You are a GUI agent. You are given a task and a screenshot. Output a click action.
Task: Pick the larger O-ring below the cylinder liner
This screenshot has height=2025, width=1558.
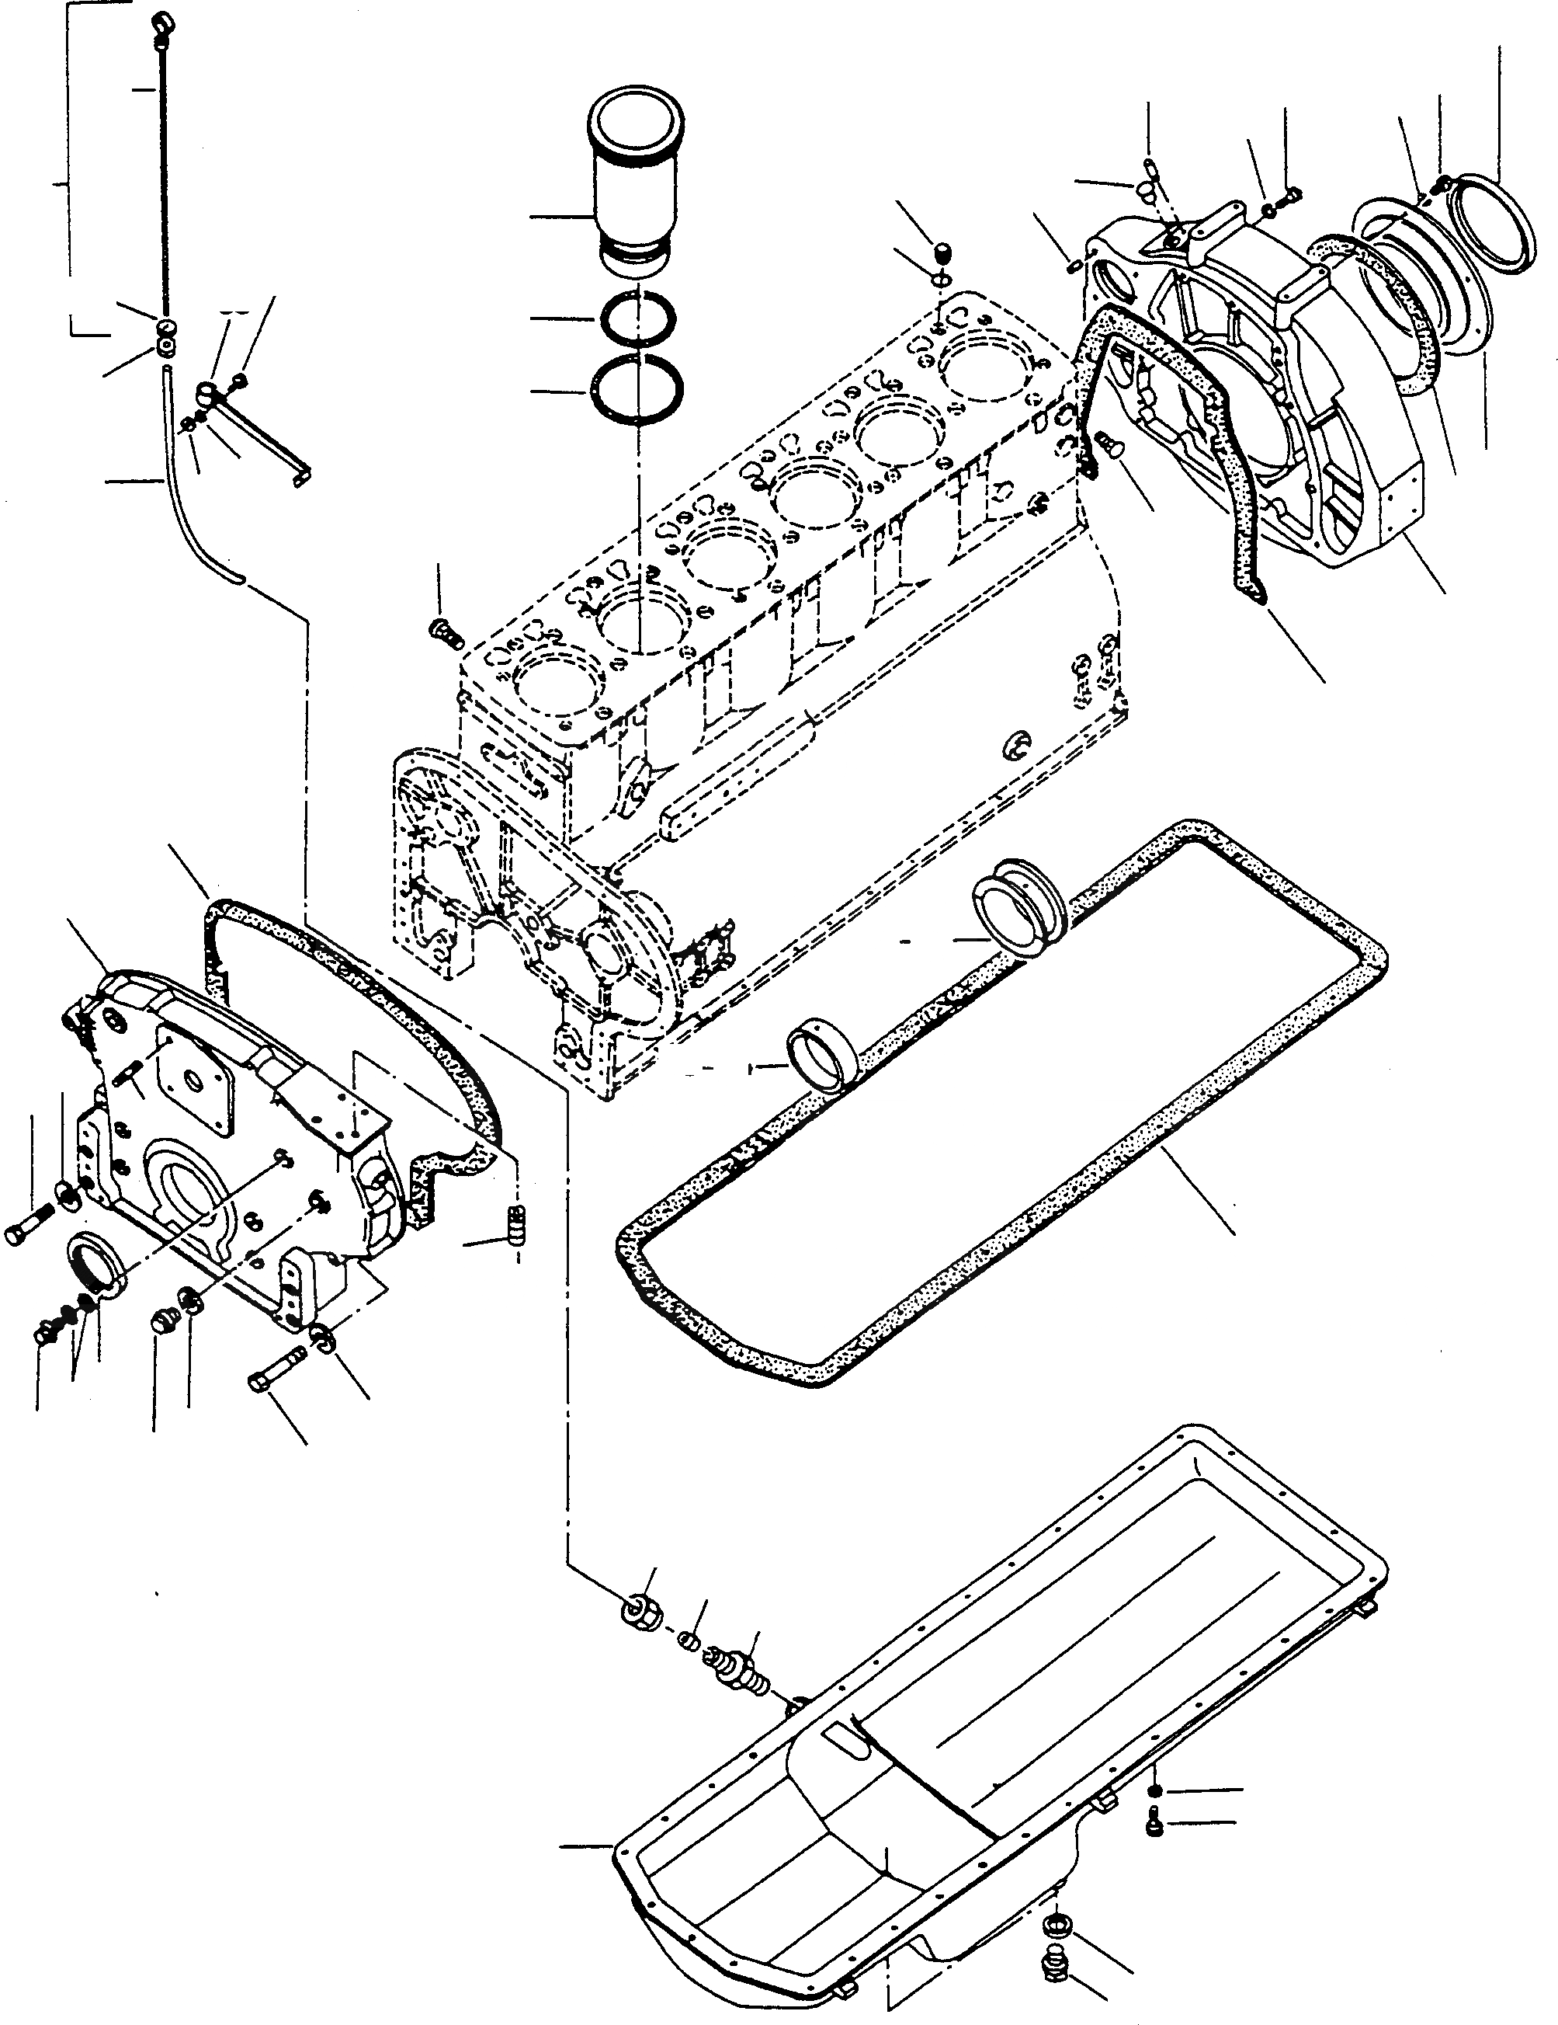click(639, 388)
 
